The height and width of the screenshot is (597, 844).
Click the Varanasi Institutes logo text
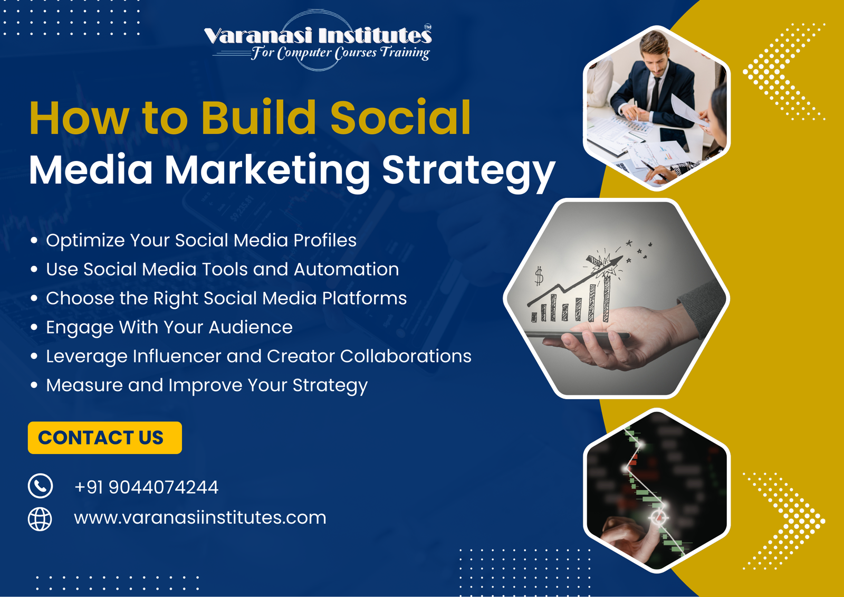318,36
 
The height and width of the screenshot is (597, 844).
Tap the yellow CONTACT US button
104,438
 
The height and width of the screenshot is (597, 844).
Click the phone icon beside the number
40,486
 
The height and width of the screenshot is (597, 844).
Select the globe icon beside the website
40,518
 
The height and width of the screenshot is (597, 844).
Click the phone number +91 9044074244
146,487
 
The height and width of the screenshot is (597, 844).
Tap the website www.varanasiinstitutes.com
200,518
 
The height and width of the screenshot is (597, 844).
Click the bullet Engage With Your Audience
169,327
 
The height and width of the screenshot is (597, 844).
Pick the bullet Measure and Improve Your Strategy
206,385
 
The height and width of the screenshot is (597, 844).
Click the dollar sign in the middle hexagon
539,276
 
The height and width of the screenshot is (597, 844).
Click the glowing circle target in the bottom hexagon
658,517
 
